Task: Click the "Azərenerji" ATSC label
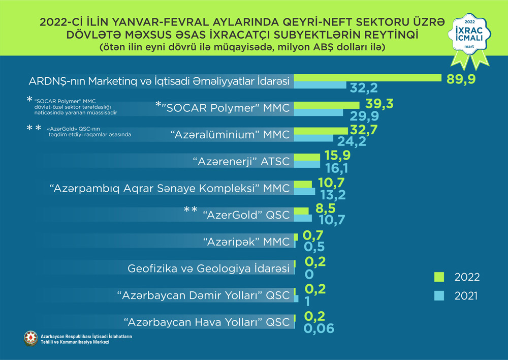(242, 162)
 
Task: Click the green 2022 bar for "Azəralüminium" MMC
(319, 131)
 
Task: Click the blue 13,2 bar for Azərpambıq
(305, 192)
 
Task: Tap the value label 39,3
(378, 104)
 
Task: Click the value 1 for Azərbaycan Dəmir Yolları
(307, 301)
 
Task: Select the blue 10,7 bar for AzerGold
(303, 218)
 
